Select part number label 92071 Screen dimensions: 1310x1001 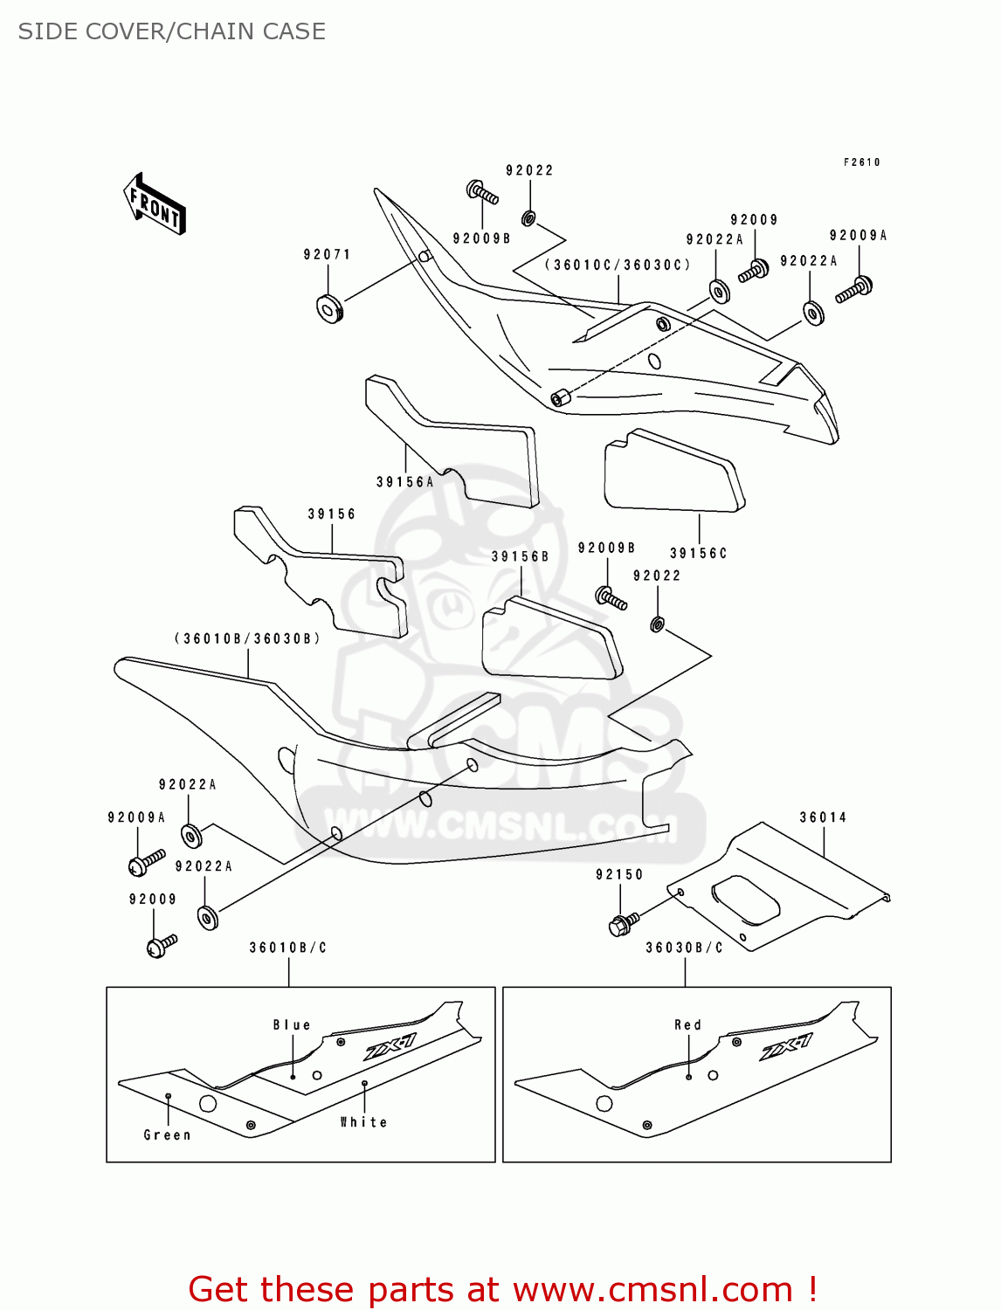point(327,255)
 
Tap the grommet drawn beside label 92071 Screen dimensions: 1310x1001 point(328,308)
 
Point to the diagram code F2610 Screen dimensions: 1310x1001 point(861,162)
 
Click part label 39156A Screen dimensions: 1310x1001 point(404,482)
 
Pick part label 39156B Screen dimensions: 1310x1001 point(520,557)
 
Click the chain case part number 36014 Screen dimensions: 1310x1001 point(823,818)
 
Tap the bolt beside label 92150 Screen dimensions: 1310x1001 point(623,922)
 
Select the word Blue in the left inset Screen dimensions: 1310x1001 point(292,1025)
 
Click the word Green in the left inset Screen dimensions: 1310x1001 point(167,1135)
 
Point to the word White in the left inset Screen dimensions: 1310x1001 point(363,1122)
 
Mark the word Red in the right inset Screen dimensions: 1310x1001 point(687,1025)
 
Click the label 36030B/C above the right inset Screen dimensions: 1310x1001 point(684,948)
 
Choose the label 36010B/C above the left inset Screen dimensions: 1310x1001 point(287,948)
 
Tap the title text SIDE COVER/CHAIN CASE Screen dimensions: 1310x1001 point(172,31)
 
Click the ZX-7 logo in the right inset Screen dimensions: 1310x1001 point(785,1047)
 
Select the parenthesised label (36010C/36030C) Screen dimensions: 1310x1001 point(618,265)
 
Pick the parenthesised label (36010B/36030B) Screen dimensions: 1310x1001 point(247,639)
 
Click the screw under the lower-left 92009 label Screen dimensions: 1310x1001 point(162,945)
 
